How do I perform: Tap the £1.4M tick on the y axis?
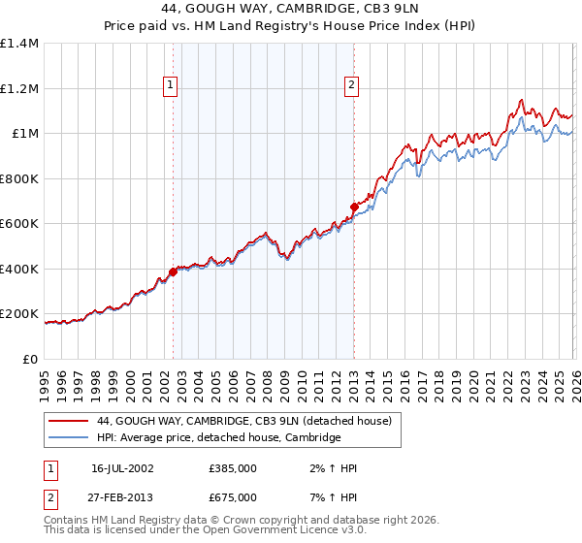pos(19,44)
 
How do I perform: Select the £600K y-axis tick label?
pos(19,224)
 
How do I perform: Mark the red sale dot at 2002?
pos(173,272)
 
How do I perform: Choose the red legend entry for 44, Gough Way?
pos(243,421)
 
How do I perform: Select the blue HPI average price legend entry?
pos(218,438)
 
